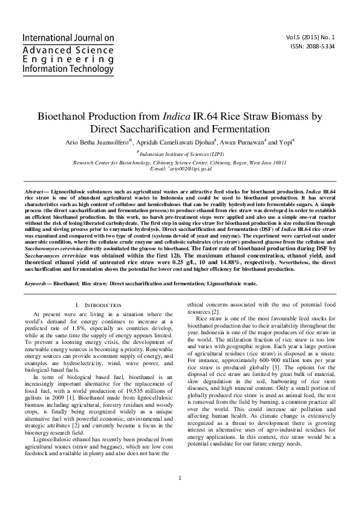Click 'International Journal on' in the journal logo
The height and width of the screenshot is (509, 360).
tap(68, 37)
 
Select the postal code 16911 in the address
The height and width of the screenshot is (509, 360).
tap(275, 162)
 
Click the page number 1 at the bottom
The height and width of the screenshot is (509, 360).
tap(180, 479)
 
